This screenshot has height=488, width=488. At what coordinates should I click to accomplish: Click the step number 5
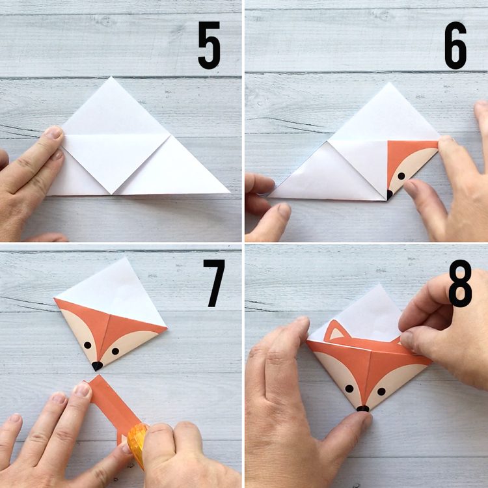pos(210,46)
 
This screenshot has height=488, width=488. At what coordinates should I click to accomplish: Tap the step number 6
pos(455,46)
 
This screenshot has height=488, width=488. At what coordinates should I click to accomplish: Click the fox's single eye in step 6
pos(401,176)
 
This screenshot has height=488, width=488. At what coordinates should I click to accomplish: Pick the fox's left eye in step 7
pos(87,345)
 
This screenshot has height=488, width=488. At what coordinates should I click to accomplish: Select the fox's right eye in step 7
pos(115,351)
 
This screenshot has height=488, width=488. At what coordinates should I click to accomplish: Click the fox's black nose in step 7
pos(97,366)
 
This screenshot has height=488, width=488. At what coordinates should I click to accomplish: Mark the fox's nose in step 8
pos(362,409)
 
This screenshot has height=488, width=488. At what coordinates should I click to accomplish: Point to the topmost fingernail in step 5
pos(53,133)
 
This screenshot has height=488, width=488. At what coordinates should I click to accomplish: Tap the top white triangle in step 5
pos(111,111)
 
